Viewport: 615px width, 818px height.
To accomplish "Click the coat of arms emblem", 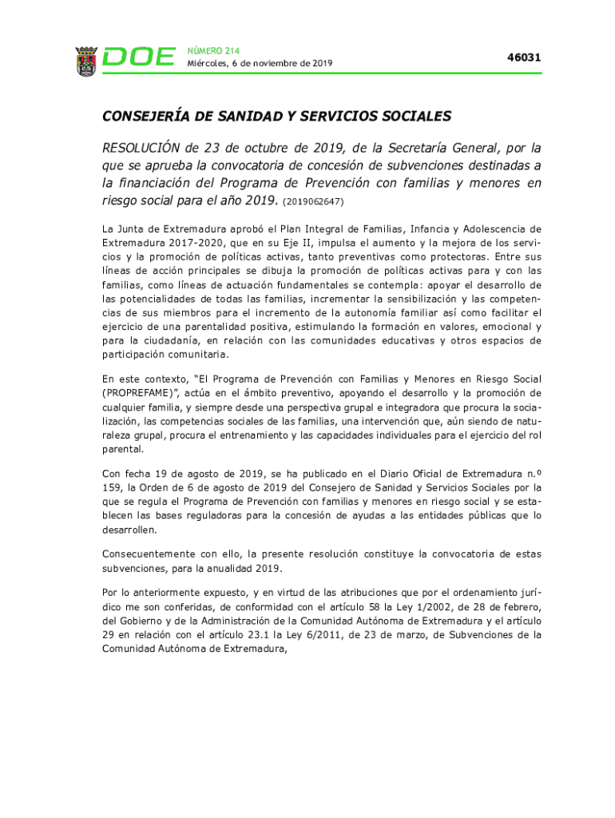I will point(86,61).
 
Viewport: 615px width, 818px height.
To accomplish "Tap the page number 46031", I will point(524,58).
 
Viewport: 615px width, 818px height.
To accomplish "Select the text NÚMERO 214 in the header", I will point(212,50).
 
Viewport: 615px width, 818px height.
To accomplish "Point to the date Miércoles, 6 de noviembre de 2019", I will point(260,63).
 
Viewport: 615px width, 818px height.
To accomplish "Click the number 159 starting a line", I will point(112,486).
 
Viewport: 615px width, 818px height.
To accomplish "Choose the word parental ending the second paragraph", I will point(123,450).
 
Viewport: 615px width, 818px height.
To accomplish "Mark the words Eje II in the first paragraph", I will point(316,242).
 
